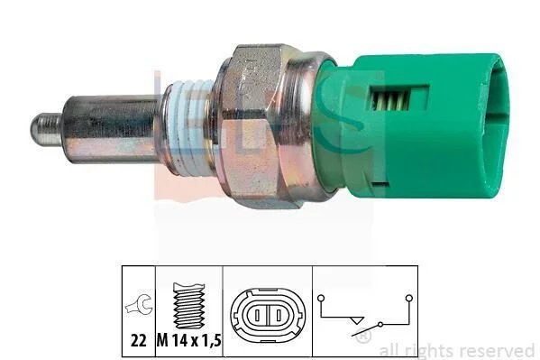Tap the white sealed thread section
point(188,126)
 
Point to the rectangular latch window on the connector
point(398,98)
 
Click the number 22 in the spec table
point(139,341)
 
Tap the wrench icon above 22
point(139,303)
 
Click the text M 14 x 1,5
point(189,341)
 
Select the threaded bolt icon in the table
point(189,306)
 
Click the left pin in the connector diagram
point(257,315)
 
